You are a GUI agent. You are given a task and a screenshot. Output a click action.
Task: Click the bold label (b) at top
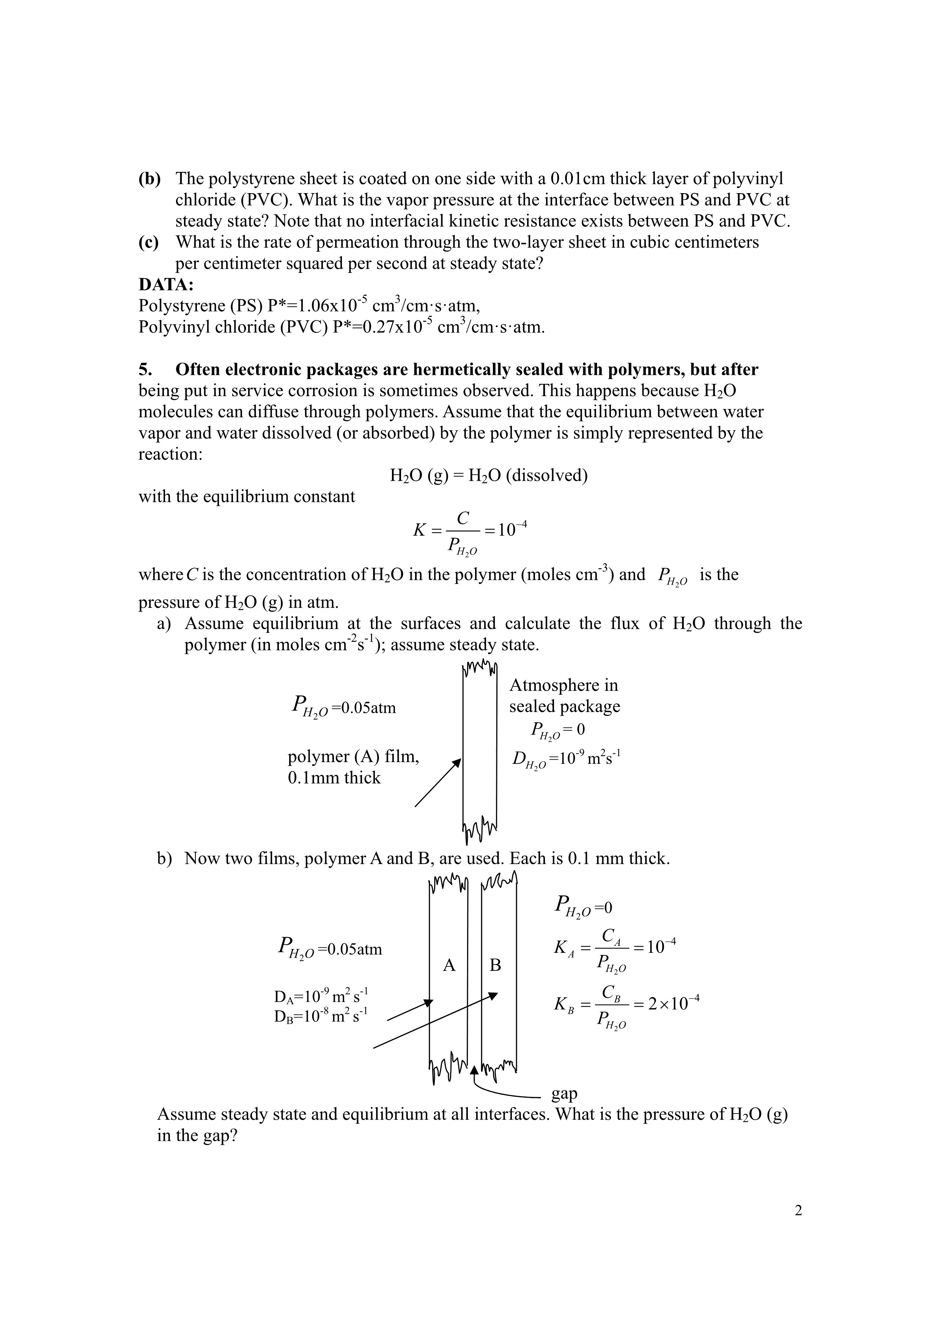point(149,179)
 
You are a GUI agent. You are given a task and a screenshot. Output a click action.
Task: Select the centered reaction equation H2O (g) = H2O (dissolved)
point(489,476)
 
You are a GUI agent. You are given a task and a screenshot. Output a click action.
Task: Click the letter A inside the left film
point(449,965)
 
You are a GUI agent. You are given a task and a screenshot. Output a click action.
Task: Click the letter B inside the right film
point(495,965)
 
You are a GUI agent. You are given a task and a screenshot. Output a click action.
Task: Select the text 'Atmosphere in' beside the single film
point(563,685)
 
